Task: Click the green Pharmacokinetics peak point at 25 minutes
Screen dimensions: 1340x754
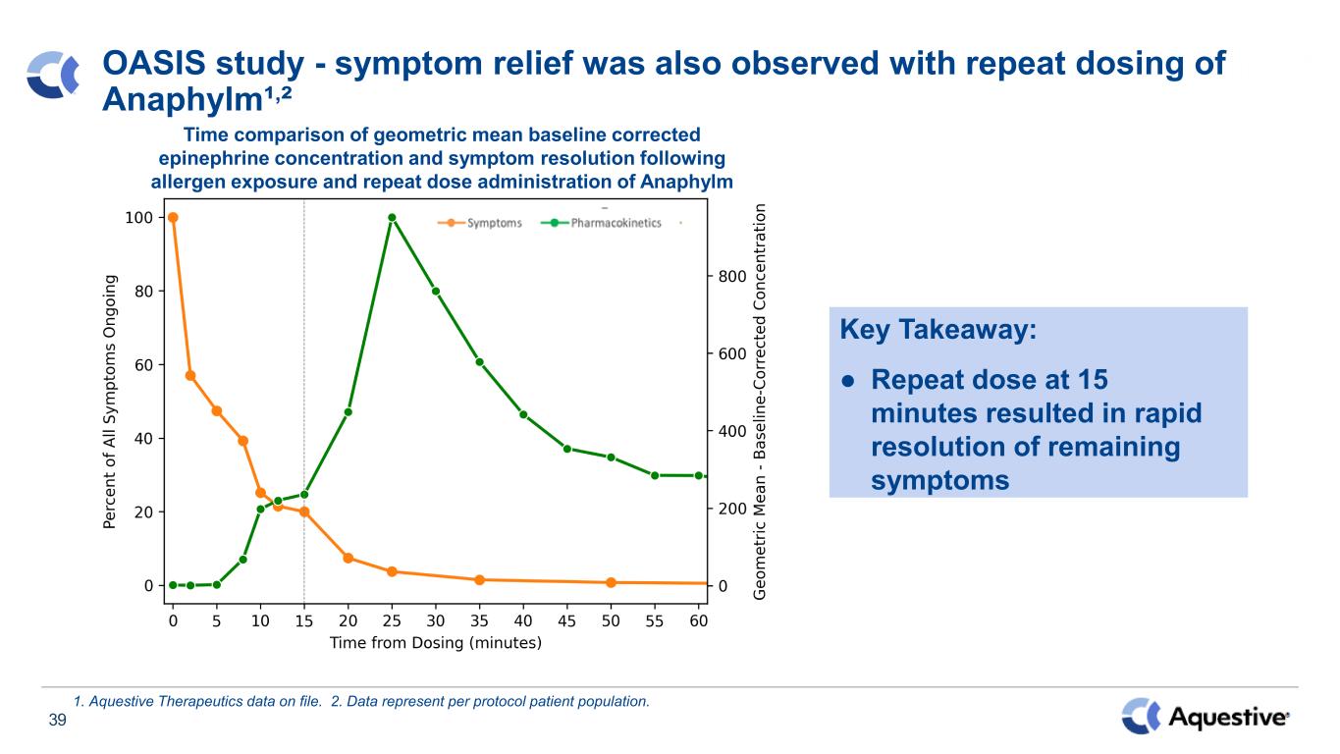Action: click(x=392, y=218)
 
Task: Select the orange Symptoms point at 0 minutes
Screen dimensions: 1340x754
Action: click(x=173, y=217)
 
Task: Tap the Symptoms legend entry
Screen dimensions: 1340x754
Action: click(x=480, y=223)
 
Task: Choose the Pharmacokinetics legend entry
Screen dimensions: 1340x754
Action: click(x=601, y=223)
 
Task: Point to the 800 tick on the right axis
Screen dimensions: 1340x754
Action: click(x=732, y=277)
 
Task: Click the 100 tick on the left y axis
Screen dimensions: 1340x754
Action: click(x=138, y=218)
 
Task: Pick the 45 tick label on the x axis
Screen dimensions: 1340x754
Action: click(x=566, y=621)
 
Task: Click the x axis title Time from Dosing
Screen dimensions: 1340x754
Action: click(x=436, y=643)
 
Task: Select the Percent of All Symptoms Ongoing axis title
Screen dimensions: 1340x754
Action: click(x=110, y=403)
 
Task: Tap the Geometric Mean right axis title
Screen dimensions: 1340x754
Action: click(x=759, y=403)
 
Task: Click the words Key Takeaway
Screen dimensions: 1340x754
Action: click(x=938, y=330)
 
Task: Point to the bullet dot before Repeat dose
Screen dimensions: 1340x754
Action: click(x=847, y=381)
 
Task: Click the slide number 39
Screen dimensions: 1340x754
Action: click(x=57, y=720)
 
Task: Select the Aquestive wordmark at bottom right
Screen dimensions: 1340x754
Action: click(x=1228, y=717)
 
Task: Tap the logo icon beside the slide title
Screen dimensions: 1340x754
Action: click(x=53, y=75)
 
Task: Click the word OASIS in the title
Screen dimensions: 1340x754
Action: click(x=154, y=64)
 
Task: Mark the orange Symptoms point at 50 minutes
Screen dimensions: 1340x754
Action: click(x=611, y=582)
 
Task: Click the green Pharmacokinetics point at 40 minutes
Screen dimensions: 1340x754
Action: click(x=523, y=414)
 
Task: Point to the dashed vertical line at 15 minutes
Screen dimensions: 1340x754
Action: click(x=304, y=401)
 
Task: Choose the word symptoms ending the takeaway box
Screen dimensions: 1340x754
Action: click(x=939, y=480)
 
